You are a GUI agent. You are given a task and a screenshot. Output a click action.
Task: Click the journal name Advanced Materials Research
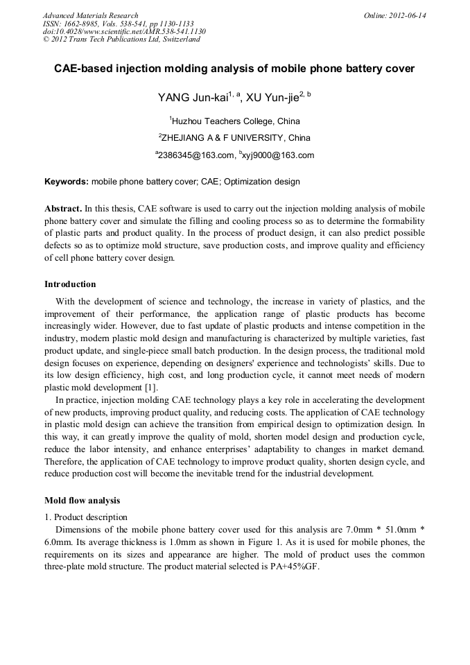click(x=90, y=15)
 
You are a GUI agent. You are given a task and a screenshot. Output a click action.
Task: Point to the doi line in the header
click(x=124, y=31)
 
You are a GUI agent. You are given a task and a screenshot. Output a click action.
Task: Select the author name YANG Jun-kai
click(x=187, y=97)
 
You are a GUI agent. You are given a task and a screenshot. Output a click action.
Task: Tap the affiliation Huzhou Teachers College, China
click(x=236, y=121)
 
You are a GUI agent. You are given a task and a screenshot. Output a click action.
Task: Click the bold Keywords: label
click(x=67, y=182)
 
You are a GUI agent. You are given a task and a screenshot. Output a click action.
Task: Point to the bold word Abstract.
click(x=62, y=208)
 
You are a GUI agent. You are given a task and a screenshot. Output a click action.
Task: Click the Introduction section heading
click(x=70, y=284)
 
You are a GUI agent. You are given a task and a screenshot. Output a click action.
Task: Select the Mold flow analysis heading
click(x=82, y=500)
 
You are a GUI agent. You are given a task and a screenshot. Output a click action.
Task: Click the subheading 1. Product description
click(x=86, y=517)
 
